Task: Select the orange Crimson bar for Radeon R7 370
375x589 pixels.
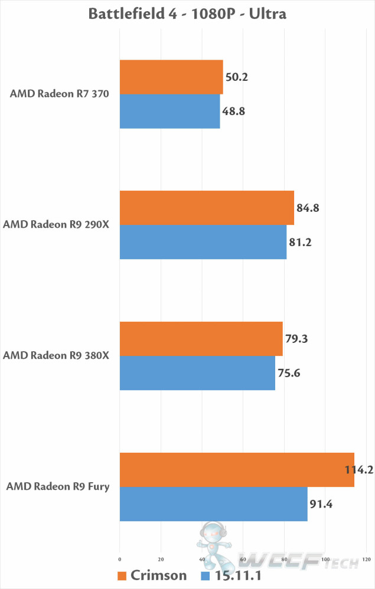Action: click(x=171, y=77)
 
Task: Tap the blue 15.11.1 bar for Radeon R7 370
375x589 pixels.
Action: click(x=169, y=111)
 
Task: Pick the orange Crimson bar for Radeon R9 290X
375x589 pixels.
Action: click(x=207, y=208)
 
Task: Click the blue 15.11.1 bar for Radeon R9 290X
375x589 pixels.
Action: click(x=203, y=242)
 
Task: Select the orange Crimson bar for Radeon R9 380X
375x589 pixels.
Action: click(x=201, y=339)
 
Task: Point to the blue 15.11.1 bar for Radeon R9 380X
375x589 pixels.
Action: click(x=197, y=373)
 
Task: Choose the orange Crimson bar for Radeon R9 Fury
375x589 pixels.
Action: click(x=237, y=470)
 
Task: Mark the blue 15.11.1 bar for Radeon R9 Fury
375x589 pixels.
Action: click(x=213, y=504)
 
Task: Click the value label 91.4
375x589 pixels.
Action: click(x=323, y=504)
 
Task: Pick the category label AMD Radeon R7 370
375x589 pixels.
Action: click(x=60, y=94)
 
